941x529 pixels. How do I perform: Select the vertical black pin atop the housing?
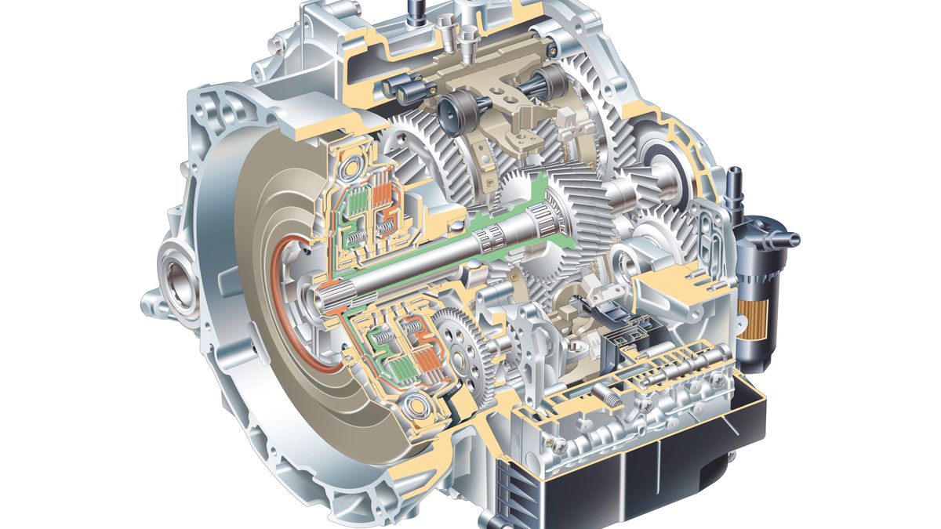coord(412,11)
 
